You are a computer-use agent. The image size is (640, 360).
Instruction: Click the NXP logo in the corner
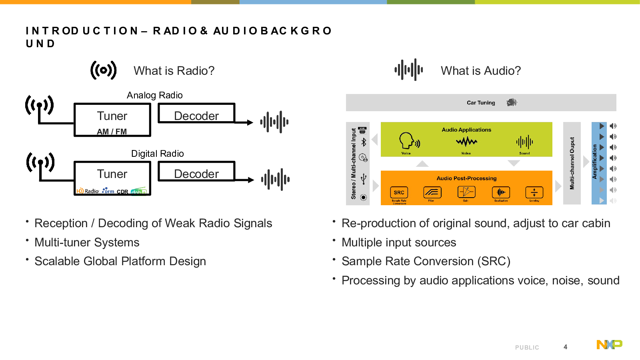point(609,344)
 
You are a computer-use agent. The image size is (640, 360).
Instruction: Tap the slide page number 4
point(565,347)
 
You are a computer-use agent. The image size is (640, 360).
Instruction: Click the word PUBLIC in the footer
point(527,347)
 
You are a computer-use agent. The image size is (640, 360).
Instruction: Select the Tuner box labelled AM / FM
point(112,120)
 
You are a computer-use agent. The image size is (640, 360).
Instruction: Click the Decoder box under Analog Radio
point(196,114)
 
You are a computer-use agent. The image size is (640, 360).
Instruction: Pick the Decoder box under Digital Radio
point(196,172)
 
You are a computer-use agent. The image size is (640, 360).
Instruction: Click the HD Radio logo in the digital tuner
point(88,191)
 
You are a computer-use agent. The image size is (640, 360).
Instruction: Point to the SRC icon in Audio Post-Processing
point(399,192)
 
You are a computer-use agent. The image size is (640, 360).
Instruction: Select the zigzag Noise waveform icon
point(466,142)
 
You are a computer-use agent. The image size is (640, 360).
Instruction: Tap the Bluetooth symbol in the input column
point(364,142)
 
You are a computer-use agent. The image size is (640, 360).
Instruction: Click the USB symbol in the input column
point(364,178)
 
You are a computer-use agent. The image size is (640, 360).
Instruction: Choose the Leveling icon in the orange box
point(534,192)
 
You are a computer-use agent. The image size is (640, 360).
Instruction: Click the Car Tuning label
point(481,103)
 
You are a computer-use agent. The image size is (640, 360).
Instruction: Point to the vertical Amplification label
point(594,162)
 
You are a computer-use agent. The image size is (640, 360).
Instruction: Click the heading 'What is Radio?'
point(174,71)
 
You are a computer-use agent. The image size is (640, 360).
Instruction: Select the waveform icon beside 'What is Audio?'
point(408,70)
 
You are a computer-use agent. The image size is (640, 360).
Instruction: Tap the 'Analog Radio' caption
point(155,95)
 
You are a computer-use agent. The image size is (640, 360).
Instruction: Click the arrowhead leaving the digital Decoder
point(251,180)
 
